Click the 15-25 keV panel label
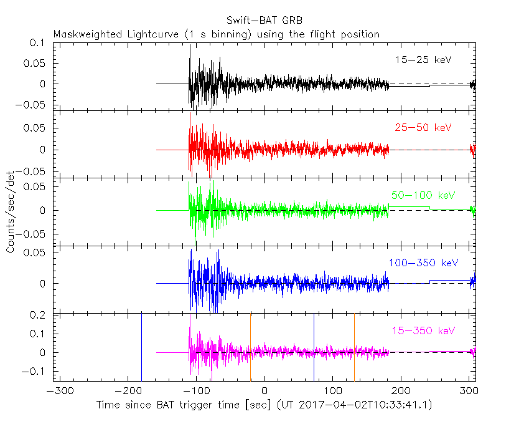423,60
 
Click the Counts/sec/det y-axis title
10,211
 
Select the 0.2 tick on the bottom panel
42,316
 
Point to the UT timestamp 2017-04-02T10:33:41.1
367,405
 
